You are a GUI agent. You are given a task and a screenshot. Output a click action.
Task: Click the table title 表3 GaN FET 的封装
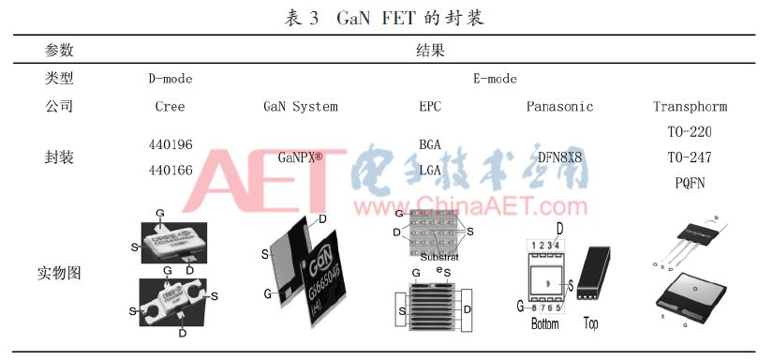(x=385, y=16)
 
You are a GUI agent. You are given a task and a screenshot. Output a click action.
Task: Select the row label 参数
(x=59, y=50)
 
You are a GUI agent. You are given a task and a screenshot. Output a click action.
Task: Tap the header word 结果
(x=430, y=50)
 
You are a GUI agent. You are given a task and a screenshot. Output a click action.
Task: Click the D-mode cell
(x=170, y=79)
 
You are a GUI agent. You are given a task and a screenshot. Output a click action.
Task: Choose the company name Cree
(x=170, y=107)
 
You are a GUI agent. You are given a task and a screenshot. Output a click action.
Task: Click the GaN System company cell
(x=300, y=107)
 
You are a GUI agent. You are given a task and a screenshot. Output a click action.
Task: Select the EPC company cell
(x=430, y=107)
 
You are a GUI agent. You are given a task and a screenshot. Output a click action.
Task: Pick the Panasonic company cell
(x=559, y=107)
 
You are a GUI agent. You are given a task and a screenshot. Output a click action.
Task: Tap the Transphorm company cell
(x=690, y=107)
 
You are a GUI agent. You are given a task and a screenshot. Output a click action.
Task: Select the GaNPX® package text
(x=300, y=158)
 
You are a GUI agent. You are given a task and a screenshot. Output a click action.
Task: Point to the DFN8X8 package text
(x=559, y=158)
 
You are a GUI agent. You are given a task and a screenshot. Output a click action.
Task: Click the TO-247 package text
(x=690, y=157)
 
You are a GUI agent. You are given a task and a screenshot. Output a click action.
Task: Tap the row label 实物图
(x=59, y=274)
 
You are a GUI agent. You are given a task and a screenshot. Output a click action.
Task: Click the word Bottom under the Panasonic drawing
(x=544, y=323)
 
